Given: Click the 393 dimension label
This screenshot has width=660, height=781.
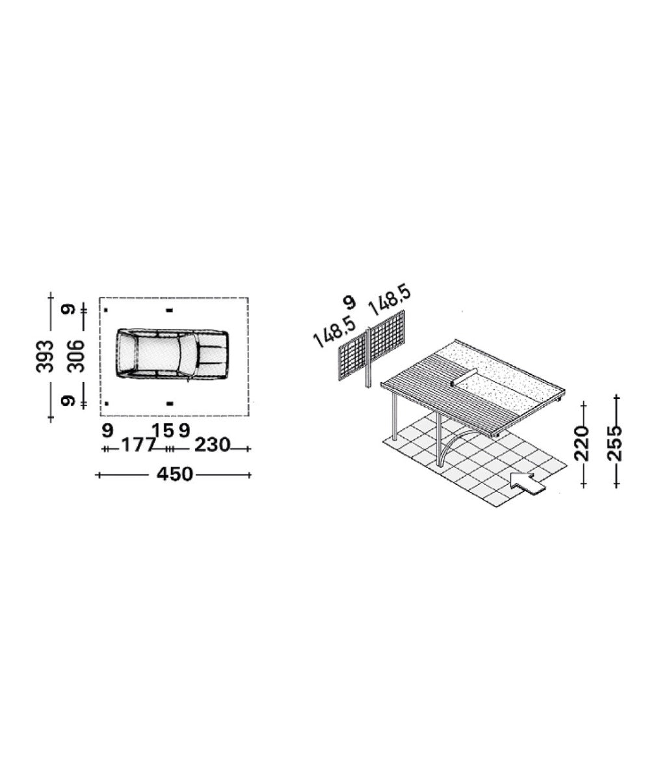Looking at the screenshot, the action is [45, 356].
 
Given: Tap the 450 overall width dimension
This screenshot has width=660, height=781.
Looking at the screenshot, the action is [175, 474].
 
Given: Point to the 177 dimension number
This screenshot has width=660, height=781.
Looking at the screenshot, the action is [138, 445].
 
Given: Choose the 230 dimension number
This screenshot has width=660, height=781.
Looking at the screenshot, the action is [212, 445].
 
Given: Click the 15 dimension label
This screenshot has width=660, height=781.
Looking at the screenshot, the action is [163, 430].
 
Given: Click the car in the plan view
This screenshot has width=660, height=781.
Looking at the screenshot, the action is [172, 353].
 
